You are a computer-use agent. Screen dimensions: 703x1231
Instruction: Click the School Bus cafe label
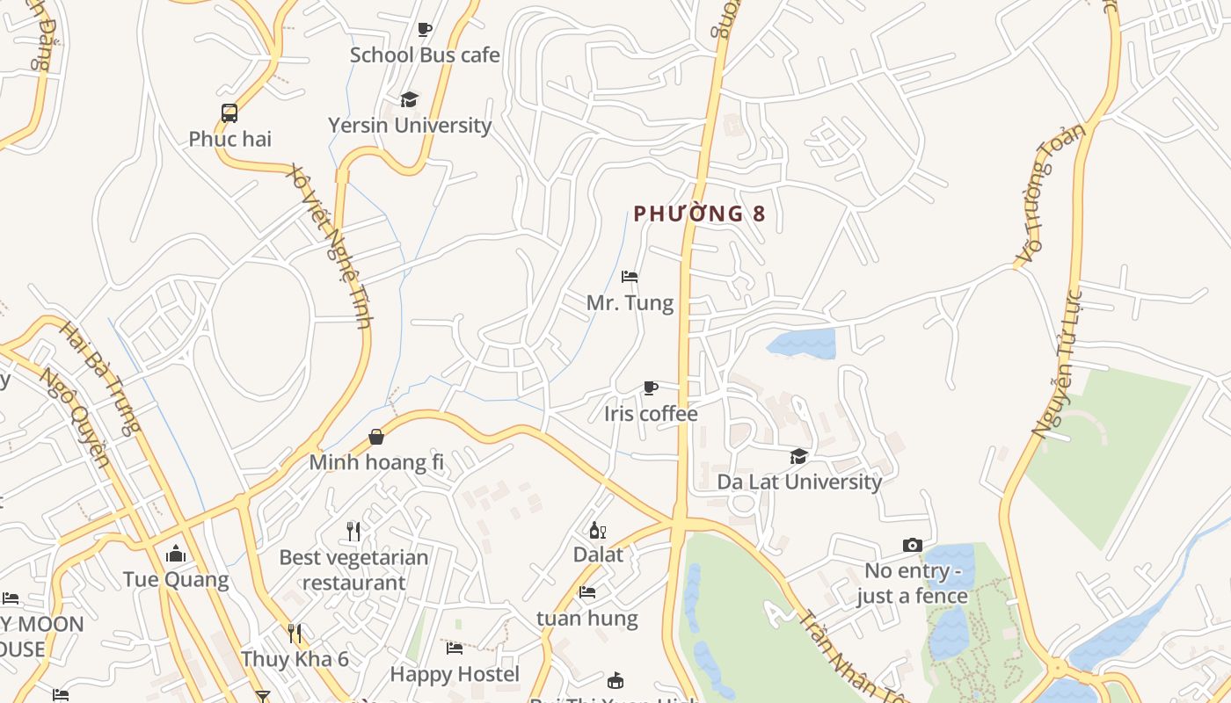coord(425,55)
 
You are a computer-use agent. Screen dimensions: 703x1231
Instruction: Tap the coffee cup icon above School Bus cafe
coord(425,29)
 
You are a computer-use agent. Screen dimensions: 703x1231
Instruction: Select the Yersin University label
coord(410,126)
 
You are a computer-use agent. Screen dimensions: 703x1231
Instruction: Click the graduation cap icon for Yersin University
coord(409,99)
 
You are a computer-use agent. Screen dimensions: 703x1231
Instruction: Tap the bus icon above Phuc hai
coord(229,112)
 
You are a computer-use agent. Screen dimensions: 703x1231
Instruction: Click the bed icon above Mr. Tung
coord(630,277)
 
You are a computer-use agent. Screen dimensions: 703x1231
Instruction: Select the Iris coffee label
coord(651,414)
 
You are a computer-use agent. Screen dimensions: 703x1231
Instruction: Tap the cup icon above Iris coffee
coord(651,388)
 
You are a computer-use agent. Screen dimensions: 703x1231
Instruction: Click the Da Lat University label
coord(799,482)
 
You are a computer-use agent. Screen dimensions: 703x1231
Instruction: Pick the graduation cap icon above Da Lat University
coord(798,456)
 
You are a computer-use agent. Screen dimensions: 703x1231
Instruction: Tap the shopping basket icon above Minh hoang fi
coord(376,437)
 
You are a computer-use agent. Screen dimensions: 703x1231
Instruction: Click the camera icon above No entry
coord(913,546)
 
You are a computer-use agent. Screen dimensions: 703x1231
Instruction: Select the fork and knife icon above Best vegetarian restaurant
coord(353,531)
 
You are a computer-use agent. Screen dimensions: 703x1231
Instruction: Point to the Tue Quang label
coord(176,580)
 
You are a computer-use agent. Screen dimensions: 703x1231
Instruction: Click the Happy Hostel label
coord(455,675)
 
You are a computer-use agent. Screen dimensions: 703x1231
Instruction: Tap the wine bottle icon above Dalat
coord(598,530)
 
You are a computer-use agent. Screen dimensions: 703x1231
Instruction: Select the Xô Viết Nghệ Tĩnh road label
coord(330,247)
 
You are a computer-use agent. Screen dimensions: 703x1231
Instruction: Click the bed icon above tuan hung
coord(587,592)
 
